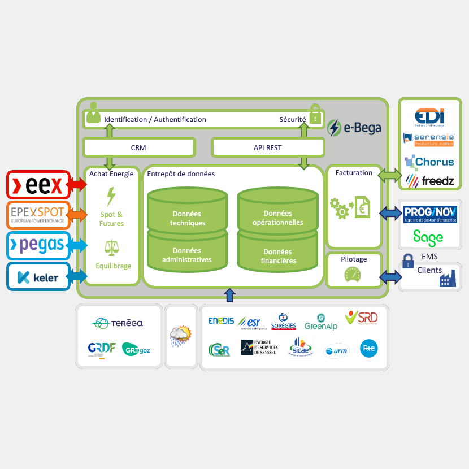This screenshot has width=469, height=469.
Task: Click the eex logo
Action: (38, 184)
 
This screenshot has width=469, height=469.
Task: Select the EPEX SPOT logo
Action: (38, 214)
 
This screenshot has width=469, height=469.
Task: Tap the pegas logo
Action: (38, 245)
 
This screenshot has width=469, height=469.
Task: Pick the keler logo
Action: (38, 277)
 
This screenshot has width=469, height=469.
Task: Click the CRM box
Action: (138, 147)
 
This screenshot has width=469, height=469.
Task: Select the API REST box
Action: (268, 147)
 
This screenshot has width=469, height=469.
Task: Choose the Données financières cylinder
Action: (277, 256)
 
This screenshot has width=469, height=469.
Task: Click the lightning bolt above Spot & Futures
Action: (111, 197)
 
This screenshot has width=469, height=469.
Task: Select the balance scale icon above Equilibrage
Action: (111, 248)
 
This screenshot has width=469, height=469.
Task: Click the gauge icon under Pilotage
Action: (354, 275)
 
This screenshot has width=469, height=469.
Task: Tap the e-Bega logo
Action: (355, 128)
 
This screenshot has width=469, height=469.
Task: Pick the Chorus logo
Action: (429, 162)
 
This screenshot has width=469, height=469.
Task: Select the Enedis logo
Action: (221, 321)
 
